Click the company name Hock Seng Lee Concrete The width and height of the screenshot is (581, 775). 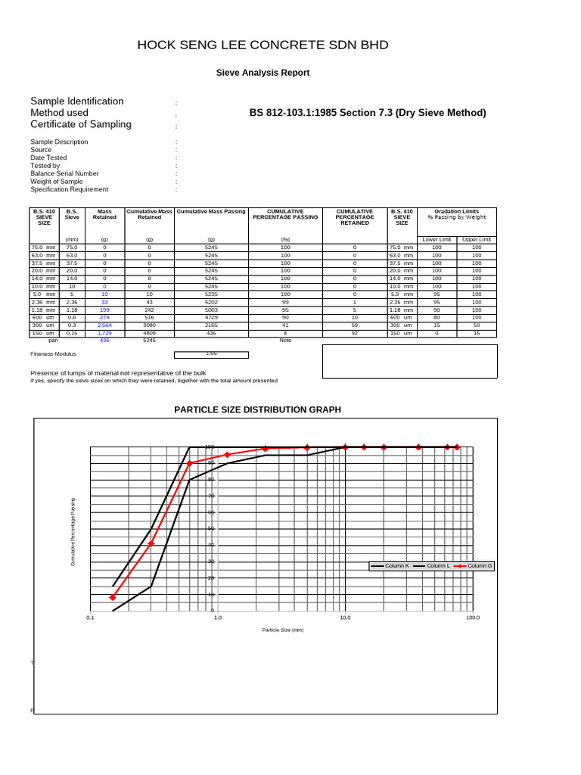[263, 45]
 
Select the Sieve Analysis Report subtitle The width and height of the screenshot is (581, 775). [263, 73]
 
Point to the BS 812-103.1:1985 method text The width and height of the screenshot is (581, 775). [368, 114]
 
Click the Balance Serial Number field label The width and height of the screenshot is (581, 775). [64, 173]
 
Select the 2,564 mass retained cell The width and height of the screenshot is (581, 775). [104, 325]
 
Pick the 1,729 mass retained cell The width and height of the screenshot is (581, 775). [104, 333]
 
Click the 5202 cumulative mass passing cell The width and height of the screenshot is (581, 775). [211, 302]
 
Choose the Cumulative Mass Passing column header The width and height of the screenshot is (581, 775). [211, 212]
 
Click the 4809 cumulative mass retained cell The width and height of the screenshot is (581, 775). [149, 333]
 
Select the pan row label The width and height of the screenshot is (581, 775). [54, 341]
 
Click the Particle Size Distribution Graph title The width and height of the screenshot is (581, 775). [257, 409]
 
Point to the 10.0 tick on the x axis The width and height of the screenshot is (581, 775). [345, 618]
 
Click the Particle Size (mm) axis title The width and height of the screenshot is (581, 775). [282, 630]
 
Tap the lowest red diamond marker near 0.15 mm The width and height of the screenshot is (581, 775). [113, 597]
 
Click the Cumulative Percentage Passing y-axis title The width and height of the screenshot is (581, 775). [73, 532]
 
